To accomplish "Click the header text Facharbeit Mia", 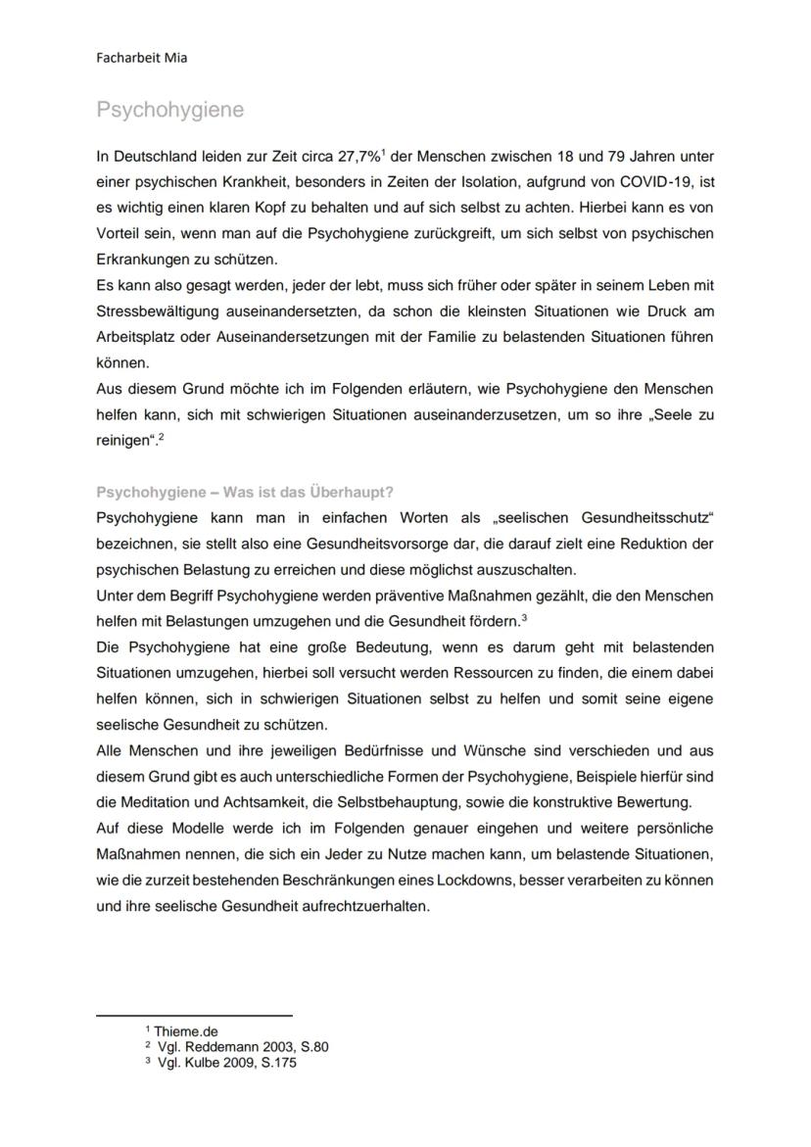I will pyautogui.click(x=142, y=58).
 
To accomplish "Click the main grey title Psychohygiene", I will pyautogui.click(x=170, y=111).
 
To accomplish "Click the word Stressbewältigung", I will pyautogui.click(x=158, y=311).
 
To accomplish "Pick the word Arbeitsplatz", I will pyautogui.click(x=140, y=337).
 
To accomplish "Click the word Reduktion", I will pyautogui.click(x=656, y=543).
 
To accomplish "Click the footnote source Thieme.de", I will pyautogui.click(x=185, y=1031).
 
